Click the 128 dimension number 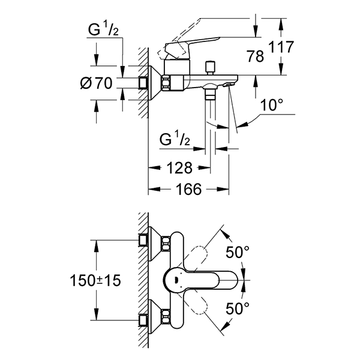pyautogui.click(x=178, y=168)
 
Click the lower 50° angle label pyautogui.click(x=238, y=308)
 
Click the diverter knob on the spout pyautogui.click(x=209, y=65)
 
